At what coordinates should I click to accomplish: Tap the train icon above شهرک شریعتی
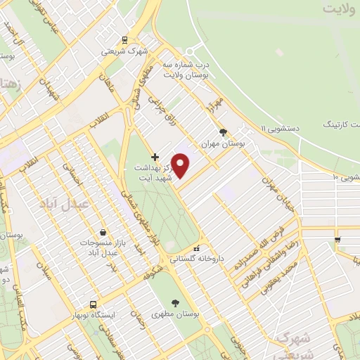click(124, 40)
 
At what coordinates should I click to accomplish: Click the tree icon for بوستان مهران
click(224, 131)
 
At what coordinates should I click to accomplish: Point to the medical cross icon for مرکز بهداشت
click(155, 156)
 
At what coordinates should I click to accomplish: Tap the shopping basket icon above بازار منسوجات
click(103, 232)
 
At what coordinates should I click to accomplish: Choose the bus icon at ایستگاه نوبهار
click(94, 304)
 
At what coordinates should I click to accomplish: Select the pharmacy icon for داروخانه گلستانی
click(198, 247)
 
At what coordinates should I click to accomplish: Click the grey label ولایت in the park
click(342, 9)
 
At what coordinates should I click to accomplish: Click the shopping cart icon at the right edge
click(338, 240)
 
